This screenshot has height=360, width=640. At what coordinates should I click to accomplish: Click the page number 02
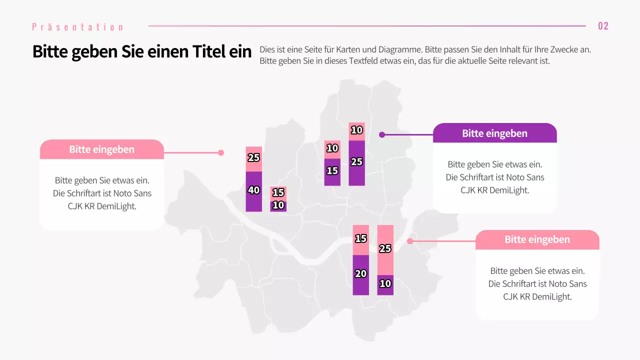pos(603,26)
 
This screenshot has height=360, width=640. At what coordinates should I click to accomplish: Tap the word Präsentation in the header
pos(77,27)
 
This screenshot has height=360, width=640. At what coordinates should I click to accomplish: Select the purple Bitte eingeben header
pos(494,133)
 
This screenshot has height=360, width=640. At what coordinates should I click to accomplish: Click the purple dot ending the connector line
pos(382,134)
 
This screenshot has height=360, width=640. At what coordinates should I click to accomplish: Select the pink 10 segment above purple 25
pos(356,130)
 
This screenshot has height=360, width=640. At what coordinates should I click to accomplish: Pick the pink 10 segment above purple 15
pos(332,149)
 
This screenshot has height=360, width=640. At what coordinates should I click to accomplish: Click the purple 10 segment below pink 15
pos(278,206)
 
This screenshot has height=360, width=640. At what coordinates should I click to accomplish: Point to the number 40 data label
pos(254,190)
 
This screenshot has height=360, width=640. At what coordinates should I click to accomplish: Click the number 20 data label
pos(360,273)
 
